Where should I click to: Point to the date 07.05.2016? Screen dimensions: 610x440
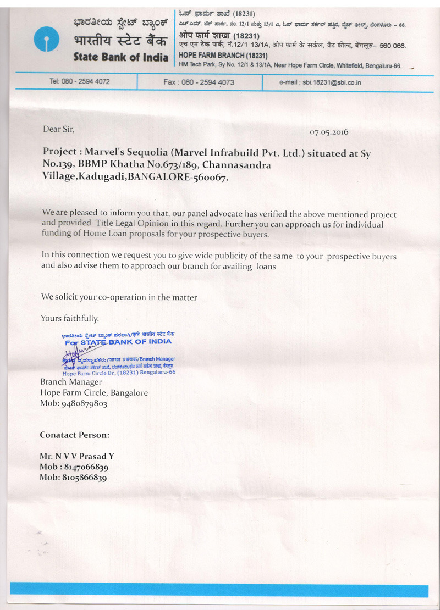(329, 132)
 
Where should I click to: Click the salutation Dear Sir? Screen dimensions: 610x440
(57, 129)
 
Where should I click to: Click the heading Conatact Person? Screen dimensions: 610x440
(74, 434)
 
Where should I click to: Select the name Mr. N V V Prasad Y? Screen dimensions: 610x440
(77, 456)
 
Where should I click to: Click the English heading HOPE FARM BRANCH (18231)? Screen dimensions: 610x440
(223, 56)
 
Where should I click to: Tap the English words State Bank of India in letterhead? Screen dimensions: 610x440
(120, 57)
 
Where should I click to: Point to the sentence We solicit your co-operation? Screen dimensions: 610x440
(119, 297)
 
